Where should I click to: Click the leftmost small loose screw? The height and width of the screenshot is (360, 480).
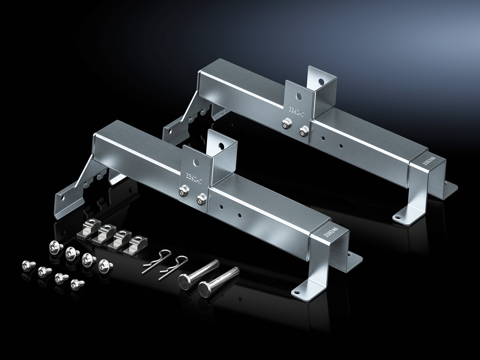click(28, 265)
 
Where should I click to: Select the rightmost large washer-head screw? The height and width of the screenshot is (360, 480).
click(106, 265)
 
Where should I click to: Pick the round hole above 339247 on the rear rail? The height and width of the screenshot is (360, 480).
click(299, 97)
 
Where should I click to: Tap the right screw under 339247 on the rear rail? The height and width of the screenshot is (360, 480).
click(303, 131)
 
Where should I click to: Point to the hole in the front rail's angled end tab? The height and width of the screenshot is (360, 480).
click(62, 199)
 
